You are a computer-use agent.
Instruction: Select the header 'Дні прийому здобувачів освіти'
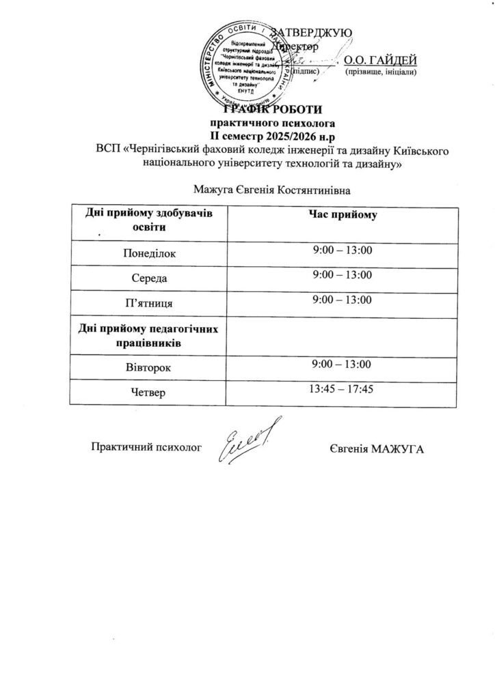148,220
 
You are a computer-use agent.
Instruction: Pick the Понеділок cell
148,253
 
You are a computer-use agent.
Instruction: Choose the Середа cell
148,278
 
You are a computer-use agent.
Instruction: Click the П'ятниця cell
148,301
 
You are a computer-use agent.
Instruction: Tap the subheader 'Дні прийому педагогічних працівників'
148,334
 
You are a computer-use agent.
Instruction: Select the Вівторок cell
148,368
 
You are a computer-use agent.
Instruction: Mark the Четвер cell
148,392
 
